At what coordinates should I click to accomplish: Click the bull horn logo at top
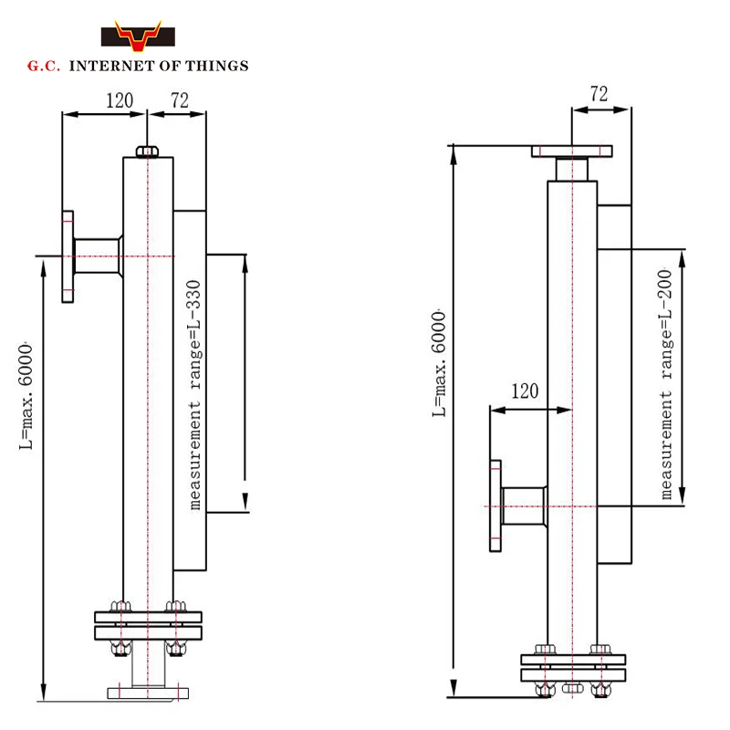coord(138,36)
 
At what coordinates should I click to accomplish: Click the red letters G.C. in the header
coord(44,66)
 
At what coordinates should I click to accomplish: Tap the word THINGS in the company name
coord(217,66)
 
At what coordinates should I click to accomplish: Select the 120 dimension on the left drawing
coord(120,100)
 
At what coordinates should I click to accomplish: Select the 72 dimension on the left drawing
coord(180,100)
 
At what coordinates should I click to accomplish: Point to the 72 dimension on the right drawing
coord(600,94)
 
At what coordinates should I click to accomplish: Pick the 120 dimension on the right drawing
coord(525,391)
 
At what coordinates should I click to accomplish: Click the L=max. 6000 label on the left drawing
coord(26,396)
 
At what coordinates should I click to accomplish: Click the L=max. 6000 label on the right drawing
coord(439,363)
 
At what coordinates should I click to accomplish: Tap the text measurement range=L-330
coord(194,395)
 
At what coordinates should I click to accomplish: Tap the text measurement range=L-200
coord(666,383)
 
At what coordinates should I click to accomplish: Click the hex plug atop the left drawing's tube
coord(147,151)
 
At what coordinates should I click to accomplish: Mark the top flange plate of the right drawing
coord(572,151)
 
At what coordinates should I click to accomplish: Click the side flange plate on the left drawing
coord(68,257)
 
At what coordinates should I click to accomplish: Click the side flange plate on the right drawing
coord(495,506)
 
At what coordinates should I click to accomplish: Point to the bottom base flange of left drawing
coord(148,693)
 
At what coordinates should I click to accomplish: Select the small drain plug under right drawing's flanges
coord(573,688)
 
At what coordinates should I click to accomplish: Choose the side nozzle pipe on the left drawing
coord(97,256)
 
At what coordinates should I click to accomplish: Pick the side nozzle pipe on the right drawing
coord(524,506)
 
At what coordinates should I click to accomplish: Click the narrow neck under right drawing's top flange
coord(572,169)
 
